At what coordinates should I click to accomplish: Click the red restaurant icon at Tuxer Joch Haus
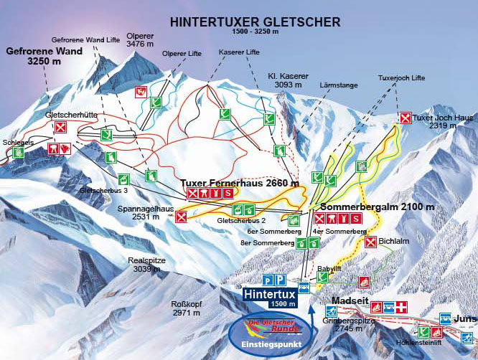[x=405, y=118]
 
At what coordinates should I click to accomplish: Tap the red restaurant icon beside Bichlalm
[x=371, y=242]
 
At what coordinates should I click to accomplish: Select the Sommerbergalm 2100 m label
[x=377, y=207]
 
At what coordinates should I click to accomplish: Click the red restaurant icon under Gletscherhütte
[x=61, y=128]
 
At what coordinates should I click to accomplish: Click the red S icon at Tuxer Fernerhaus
[x=228, y=194]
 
